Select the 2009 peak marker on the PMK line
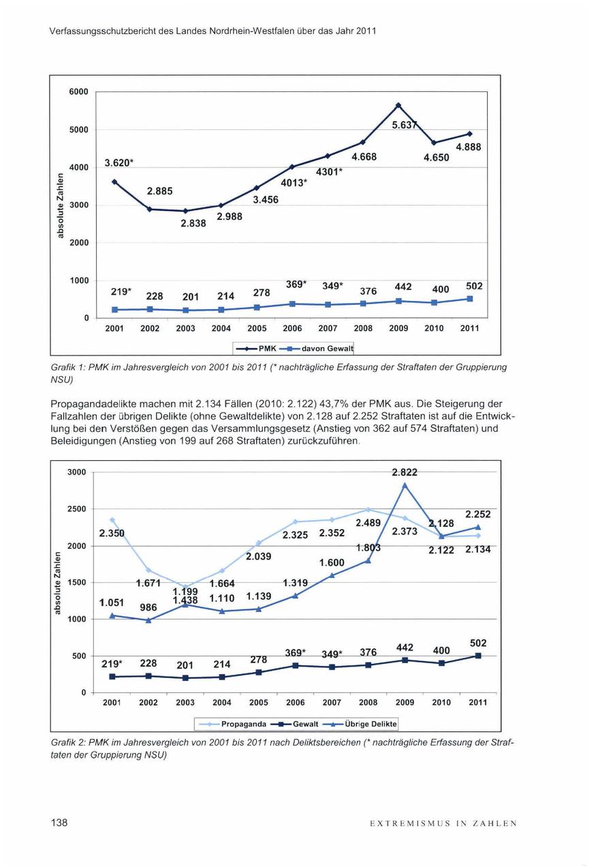tap(398, 105)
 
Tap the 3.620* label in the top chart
tap(119, 163)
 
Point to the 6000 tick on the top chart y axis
tap(79, 92)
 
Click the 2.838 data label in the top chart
tap(193, 223)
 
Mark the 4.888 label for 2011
tap(468, 147)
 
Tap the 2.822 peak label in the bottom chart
tap(405, 472)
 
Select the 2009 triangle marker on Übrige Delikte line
tap(405, 485)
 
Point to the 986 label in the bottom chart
tap(148, 607)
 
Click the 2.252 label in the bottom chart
tap(478, 515)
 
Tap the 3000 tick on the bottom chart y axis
tap(77, 472)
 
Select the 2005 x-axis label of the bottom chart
tap(259, 702)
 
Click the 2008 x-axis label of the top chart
tap(363, 328)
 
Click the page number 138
tap(59, 823)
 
